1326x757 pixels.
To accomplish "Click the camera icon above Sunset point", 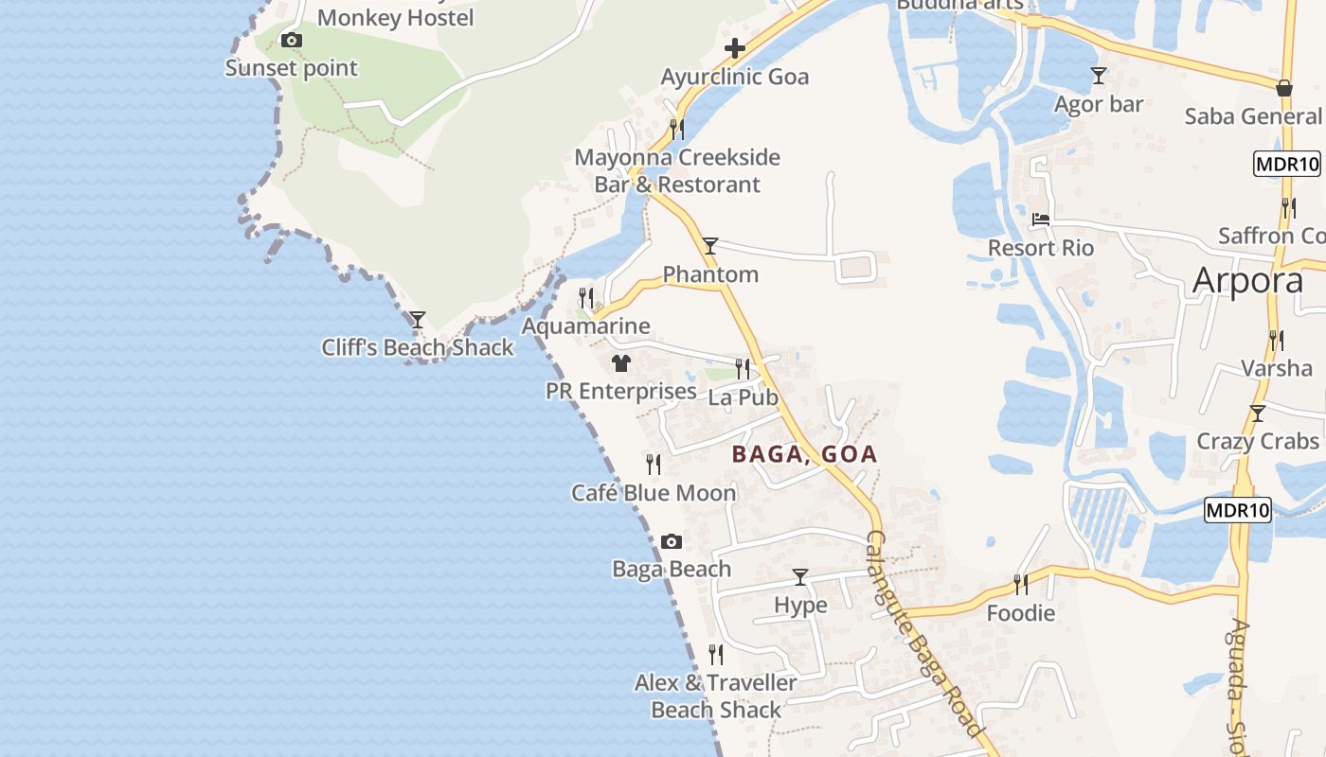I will (x=292, y=40).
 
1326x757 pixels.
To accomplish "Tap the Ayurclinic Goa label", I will (x=735, y=77).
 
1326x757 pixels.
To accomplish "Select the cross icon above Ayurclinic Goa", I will (x=735, y=48).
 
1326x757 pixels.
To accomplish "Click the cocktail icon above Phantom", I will (x=709, y=246).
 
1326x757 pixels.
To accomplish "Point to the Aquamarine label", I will (x=586, y=326).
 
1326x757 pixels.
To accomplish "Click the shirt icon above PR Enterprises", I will (x=621, y=362).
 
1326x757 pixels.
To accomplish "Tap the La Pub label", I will (x=744, y=397).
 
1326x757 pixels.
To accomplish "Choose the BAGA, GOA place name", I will (x=804, y=454).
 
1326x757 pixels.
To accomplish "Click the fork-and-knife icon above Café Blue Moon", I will (x=654, y=464).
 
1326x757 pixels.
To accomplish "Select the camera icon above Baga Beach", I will (x=672, y=541).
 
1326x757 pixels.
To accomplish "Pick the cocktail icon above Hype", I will (x=800, y=576).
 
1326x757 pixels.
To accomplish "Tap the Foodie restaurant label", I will (x=1021, y=613).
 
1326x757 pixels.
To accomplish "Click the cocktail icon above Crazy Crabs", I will (x=1257, y=414).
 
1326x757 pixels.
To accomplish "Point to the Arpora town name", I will (x=1247, y=280).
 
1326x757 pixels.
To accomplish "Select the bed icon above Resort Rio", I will (x=1041, y=220).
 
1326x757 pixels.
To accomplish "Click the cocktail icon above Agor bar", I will (x=1099, y=76).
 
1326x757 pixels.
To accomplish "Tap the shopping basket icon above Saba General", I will (x=1284, y=88).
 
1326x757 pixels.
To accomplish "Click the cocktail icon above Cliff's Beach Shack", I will (x=417, y=320).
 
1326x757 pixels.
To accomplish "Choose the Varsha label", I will (x=1277, y=368).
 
